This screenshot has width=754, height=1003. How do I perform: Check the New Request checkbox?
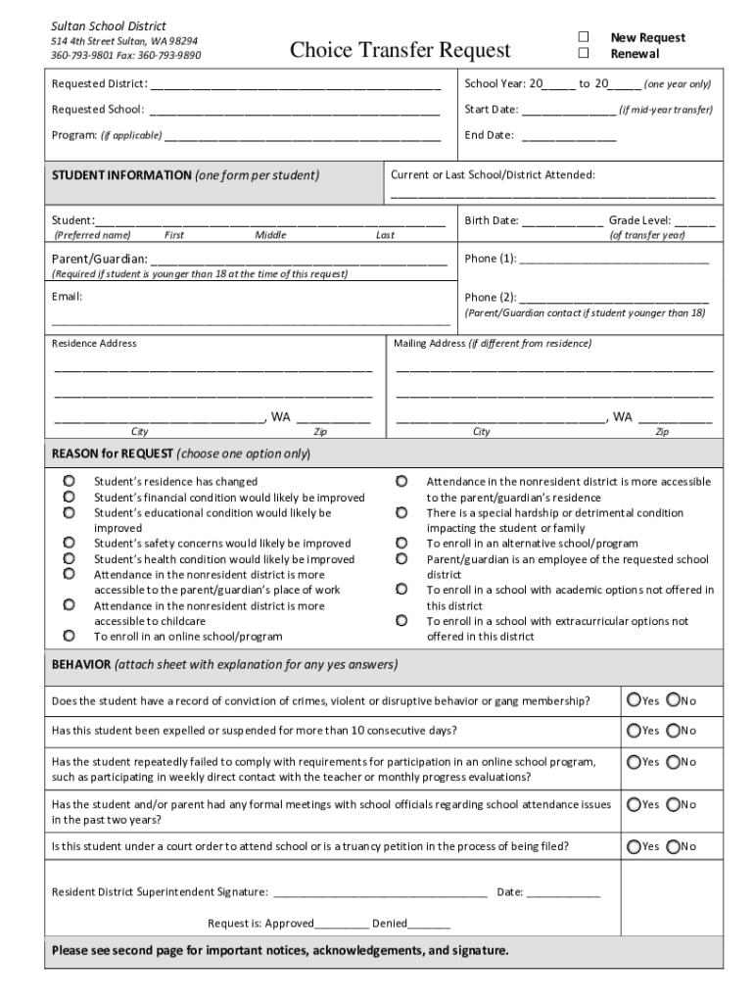coord(584,37)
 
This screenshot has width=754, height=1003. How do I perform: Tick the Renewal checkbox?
coord(584,53)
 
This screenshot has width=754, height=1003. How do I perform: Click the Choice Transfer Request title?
coord(401,49)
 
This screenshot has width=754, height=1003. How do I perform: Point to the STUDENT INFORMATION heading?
coord(121,175)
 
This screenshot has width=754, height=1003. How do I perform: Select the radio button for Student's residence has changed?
coord(70,481)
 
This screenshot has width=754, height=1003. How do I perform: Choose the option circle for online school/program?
coord(70,636)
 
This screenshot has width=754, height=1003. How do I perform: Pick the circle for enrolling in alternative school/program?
coord(401,543)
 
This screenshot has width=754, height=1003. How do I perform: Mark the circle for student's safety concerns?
coord(70,543)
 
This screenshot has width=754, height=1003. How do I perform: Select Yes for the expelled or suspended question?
coord(635,731)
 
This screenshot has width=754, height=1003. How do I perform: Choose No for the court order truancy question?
coord(673,846)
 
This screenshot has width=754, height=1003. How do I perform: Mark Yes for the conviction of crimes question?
coord(635,700)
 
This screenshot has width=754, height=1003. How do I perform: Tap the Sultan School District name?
coord(109,25)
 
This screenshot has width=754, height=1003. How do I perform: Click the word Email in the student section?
coord(67,296)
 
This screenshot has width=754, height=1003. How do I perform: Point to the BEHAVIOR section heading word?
coord(81,664)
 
